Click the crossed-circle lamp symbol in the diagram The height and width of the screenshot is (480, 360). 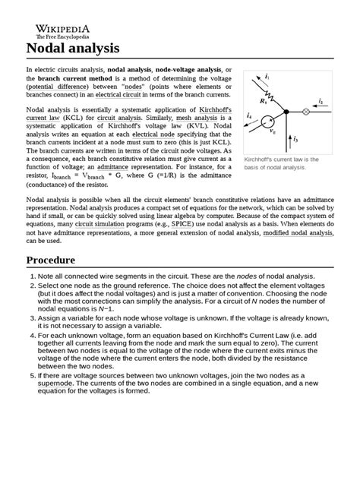(307, 112)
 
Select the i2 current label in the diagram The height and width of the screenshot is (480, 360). (321, 101)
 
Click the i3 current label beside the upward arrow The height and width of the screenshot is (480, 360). (295, 140)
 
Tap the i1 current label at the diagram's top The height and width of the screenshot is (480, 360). (267, 77)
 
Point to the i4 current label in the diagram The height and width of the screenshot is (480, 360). (250, 115)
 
